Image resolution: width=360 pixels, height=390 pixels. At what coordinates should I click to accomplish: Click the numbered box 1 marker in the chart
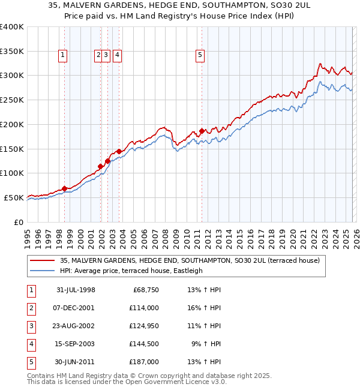pos(63,55)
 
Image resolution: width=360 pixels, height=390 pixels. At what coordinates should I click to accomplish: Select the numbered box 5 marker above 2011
pos(200,55)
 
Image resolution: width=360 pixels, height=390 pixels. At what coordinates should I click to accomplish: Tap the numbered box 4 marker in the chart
pos(117,55)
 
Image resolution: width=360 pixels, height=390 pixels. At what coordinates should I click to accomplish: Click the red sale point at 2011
pos(202,131)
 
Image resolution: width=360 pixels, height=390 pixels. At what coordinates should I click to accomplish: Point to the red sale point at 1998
pos(64,188)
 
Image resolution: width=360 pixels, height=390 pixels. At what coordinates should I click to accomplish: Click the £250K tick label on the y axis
pos(12,100)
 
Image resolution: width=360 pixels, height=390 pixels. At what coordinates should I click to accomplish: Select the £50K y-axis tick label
pos(14,197)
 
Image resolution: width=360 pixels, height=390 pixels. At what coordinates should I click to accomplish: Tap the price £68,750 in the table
pos(144,290)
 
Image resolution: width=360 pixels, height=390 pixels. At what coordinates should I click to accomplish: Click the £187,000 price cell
pos(144,362)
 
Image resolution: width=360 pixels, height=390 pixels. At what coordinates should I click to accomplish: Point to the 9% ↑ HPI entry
pos(206,344)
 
